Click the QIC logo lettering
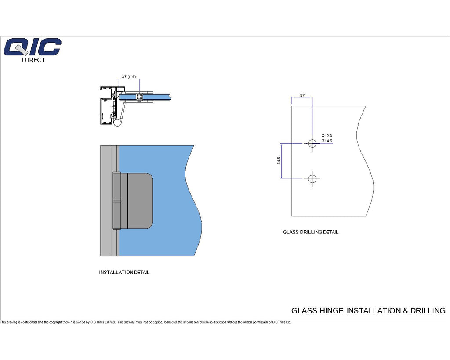[32, 47]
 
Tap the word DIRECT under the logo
[33, 60]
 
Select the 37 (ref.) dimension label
[129, 76]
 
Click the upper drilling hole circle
[312, 143]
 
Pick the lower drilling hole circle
[312, 179]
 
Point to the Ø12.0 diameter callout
[327, 135]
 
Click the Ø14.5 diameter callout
[327, 141]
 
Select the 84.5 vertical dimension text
[279, 160]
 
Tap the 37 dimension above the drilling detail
[302, 95]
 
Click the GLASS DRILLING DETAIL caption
[311, 232]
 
